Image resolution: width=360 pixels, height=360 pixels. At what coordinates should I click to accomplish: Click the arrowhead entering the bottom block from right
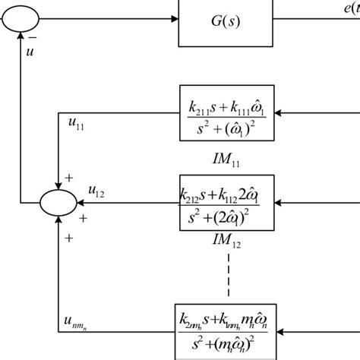pyautogui.click(x=277, y=332)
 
